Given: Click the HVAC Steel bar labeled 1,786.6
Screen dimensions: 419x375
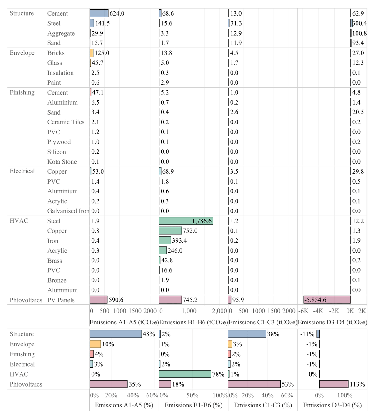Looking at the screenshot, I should (186, 221).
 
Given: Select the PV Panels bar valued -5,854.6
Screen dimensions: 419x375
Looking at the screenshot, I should (327, 300).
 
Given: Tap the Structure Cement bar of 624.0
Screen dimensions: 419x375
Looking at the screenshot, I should (99, 13).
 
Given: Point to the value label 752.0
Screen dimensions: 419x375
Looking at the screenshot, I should (190, 231).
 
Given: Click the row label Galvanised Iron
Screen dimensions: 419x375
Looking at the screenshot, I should (68, 211).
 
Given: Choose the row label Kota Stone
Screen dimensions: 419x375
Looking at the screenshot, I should (62, 162).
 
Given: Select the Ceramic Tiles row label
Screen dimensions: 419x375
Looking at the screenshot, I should (66, 122).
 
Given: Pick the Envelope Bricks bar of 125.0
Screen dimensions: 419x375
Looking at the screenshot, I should (92, 53).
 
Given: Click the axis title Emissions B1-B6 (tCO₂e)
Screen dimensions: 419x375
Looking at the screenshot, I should (193, 322).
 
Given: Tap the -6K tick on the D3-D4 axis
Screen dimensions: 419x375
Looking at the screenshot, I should (303, 311).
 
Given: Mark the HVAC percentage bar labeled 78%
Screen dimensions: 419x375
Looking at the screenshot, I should (185, 374).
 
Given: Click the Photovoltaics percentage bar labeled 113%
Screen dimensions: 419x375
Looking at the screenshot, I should (334, 384).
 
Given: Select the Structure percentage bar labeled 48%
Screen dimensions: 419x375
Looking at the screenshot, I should (116, 334).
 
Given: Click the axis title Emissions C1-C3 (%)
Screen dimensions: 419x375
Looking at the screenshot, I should (263, 405).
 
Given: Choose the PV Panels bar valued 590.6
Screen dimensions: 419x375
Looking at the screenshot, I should (98, 300).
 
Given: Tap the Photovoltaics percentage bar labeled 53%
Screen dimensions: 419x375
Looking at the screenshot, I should (254, 384).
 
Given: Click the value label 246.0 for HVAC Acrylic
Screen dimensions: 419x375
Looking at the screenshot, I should (175, 251).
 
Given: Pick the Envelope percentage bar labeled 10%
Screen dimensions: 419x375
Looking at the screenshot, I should (95, 344).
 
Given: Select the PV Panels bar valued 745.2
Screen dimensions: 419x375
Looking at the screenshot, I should (170, 300).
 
